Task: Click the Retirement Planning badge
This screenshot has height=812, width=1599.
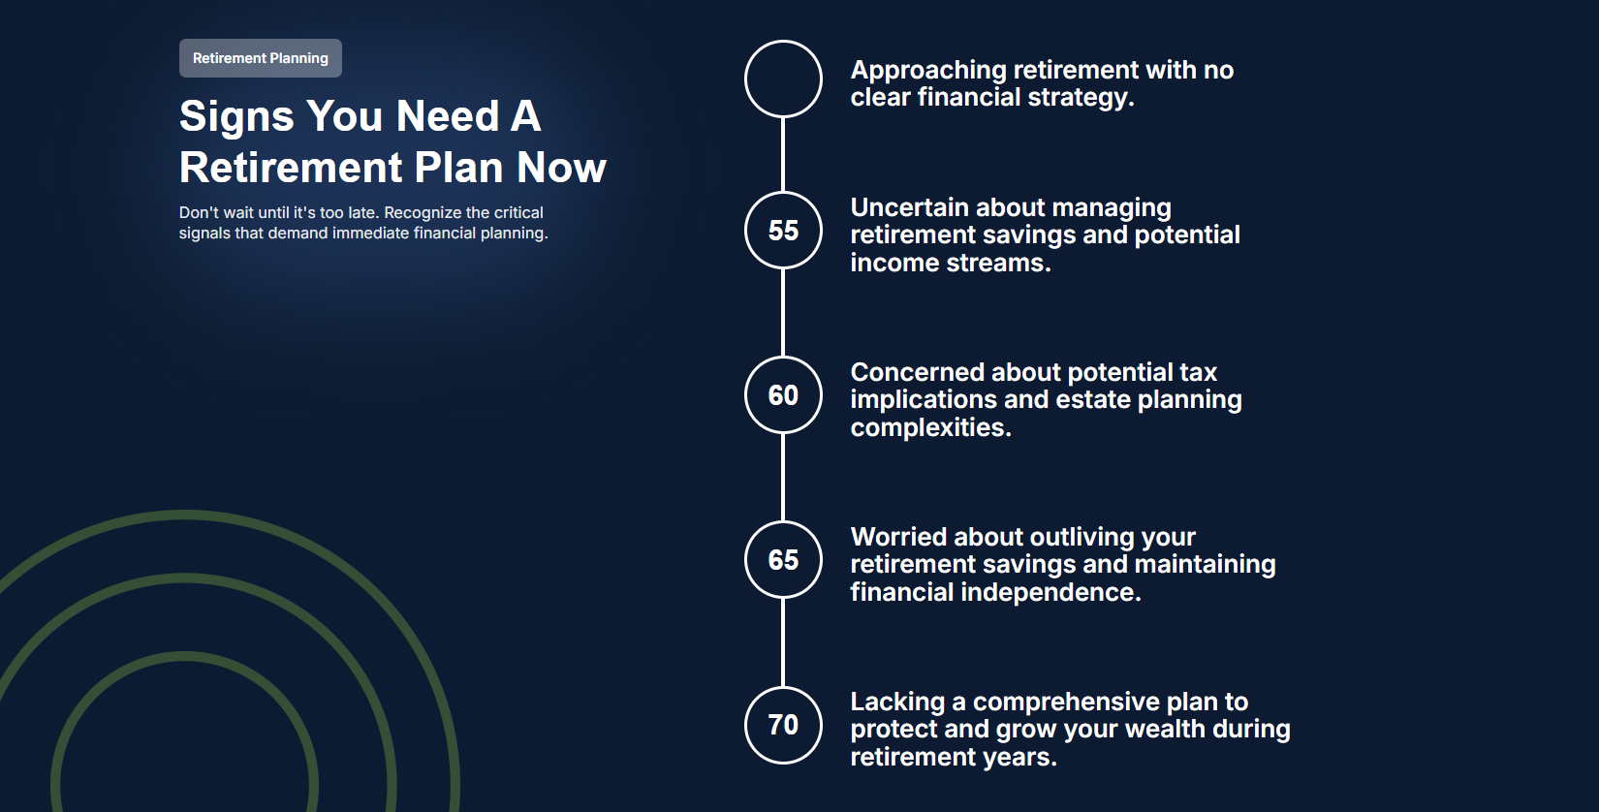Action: [x=260, y=58]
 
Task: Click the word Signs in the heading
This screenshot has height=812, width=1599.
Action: [x=236, y=116]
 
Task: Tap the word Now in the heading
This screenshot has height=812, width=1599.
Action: [x=561, y=168]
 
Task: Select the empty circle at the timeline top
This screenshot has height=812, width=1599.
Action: [x=783, y=78]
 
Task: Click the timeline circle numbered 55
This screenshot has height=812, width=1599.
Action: [x=783, y=231]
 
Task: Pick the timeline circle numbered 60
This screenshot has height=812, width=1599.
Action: [x=783, y=395]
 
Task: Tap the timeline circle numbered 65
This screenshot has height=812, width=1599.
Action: [x=783, y=560]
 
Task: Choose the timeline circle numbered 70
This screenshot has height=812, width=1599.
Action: [x=783, y=725]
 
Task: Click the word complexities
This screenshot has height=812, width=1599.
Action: [x=930, y=427]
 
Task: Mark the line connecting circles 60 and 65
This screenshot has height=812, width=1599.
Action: [x=783, y=478]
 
